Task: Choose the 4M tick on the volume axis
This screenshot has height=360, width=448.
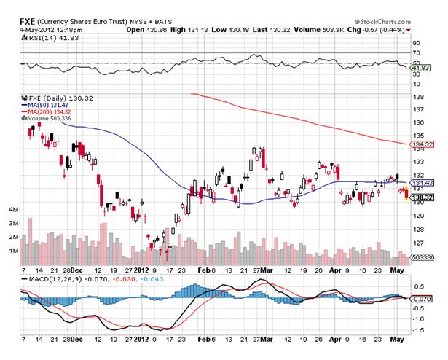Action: tap(13, 209)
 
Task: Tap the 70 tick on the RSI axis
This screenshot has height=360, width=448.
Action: tap(417, 53)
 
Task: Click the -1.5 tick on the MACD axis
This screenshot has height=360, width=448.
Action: tap(420, 330)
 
